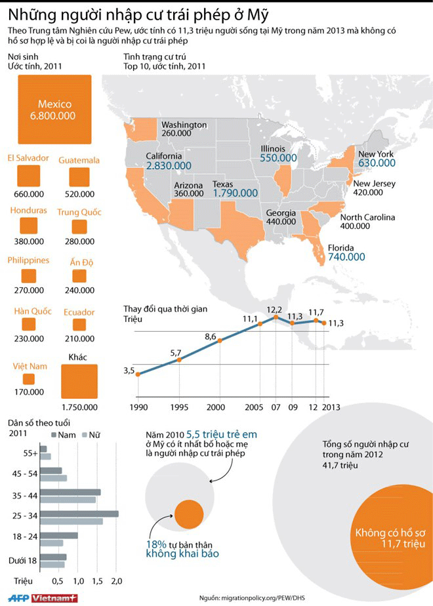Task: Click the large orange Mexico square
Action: pyautogui.click(x=56, y=110)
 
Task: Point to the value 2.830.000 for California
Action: pyautogui.click(x=164, y=167)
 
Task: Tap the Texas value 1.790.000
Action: pyautogui.click(x=235, y=193)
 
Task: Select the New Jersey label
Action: pyautogui.click(x=374, y=184)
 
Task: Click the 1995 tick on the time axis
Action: pyautogui.click(x=178, y=407)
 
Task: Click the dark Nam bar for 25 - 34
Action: pyautogui.click(x=79, y=514)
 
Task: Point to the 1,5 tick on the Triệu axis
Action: pyautogui.click(x=98, y=581)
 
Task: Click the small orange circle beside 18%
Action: pyautogui.click(x=190, y=514)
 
